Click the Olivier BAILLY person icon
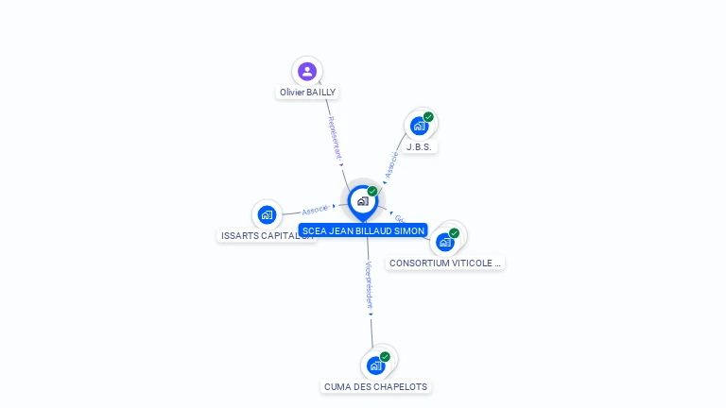306,71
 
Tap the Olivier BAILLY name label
307,93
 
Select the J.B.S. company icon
419,126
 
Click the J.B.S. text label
420,147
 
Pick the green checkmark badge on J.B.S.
428,117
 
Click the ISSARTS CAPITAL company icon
267,214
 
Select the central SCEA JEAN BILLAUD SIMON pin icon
362,200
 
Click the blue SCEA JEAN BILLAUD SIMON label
363,229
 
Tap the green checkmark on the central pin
372,191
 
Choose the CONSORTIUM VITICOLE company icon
445,241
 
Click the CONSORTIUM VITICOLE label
445,263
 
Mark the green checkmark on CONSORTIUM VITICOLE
454,232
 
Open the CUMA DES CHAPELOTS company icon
376,365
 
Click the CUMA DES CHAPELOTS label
375,386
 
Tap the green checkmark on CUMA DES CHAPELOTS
385,357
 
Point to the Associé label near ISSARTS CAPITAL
315,210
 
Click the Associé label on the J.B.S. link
391,162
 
